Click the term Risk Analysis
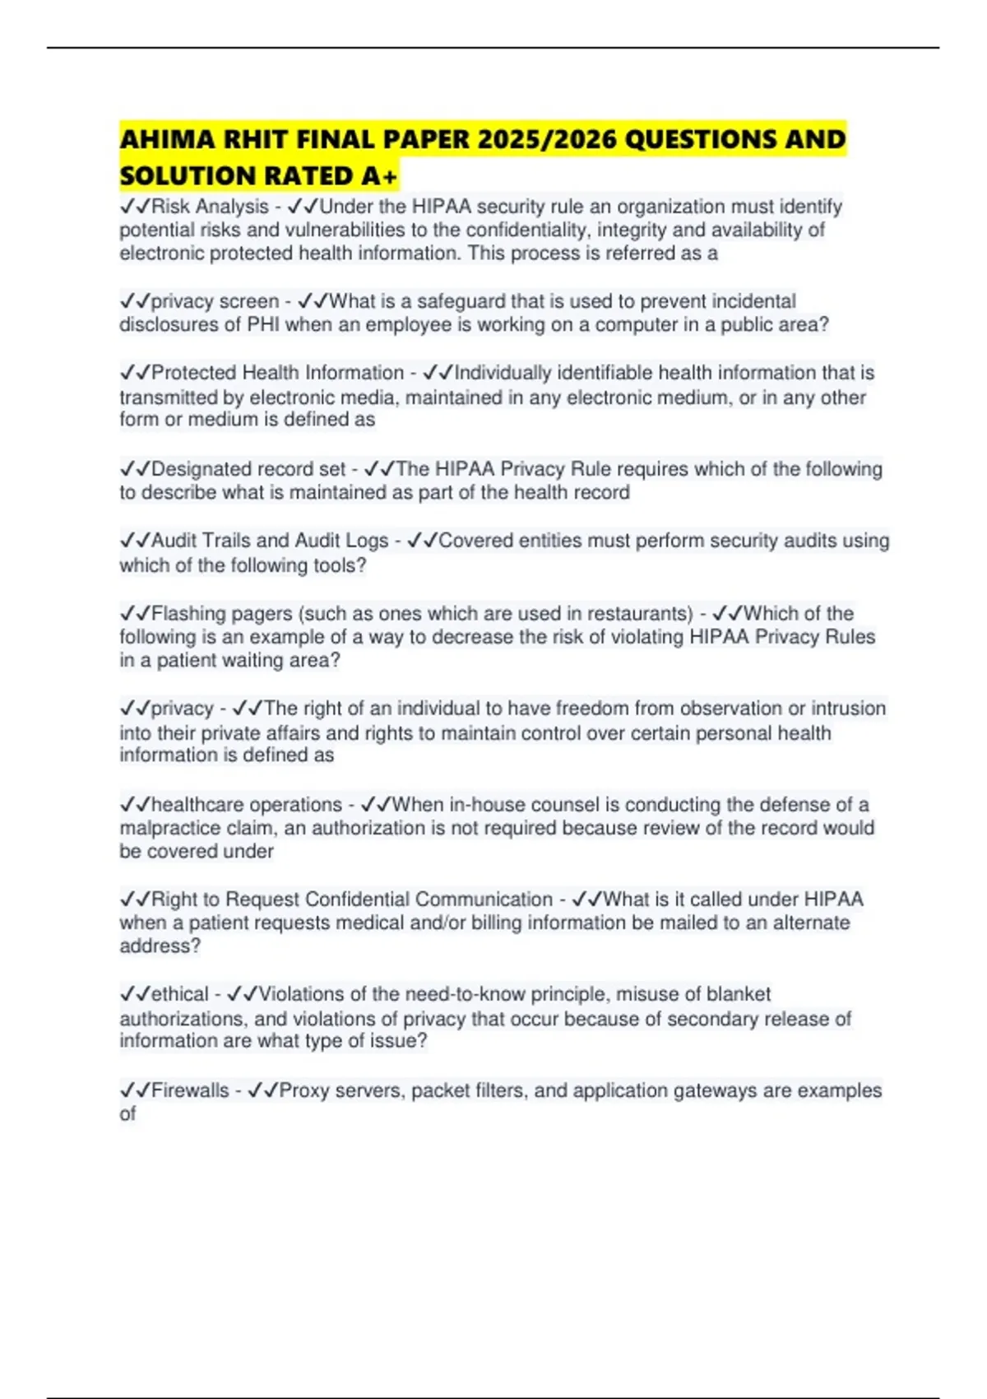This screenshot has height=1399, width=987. [210, 207]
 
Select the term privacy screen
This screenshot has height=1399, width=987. [215, 301]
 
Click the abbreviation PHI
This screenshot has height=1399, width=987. [263, 324]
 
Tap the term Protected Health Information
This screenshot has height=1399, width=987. [277, 373]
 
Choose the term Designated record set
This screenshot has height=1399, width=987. [248, 469]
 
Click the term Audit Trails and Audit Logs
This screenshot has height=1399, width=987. [270, 541]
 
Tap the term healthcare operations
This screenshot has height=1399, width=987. [247, 804]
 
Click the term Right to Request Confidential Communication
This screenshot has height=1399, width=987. [352, 899]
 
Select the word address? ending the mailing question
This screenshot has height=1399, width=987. [160, 946]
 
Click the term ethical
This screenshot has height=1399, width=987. [180, 994]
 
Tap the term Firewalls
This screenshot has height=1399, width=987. [190, 1090]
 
